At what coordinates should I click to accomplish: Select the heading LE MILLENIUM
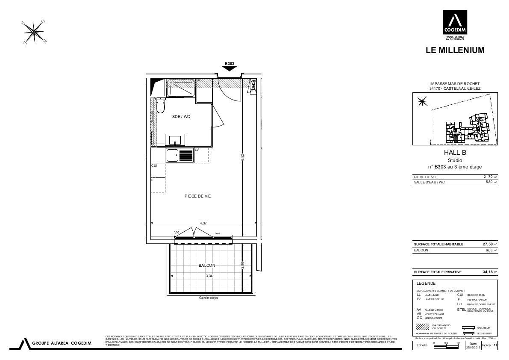[455, 50]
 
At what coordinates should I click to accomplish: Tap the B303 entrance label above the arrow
[229, 64]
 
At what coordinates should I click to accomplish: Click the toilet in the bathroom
[161, 105]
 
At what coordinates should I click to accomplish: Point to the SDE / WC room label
[181, 116]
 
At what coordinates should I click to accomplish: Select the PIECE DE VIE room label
[197, 196]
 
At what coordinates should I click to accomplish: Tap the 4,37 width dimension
[204, 223]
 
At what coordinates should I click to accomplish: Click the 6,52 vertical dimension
[242, 157]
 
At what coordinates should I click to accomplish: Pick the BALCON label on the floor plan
[207, 266]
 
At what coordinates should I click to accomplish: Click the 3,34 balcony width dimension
[209, 276]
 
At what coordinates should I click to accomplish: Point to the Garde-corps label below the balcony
[208, 298]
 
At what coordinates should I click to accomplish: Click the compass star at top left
[33, 32]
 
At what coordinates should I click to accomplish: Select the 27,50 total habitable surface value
[488, 244]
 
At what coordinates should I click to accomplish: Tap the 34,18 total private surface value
[488, 272]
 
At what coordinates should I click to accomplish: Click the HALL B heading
[455, 153]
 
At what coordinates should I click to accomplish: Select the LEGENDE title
[426, 283]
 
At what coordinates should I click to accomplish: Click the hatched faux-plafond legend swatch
[423, 327]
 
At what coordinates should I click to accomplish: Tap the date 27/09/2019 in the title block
[473, 348]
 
